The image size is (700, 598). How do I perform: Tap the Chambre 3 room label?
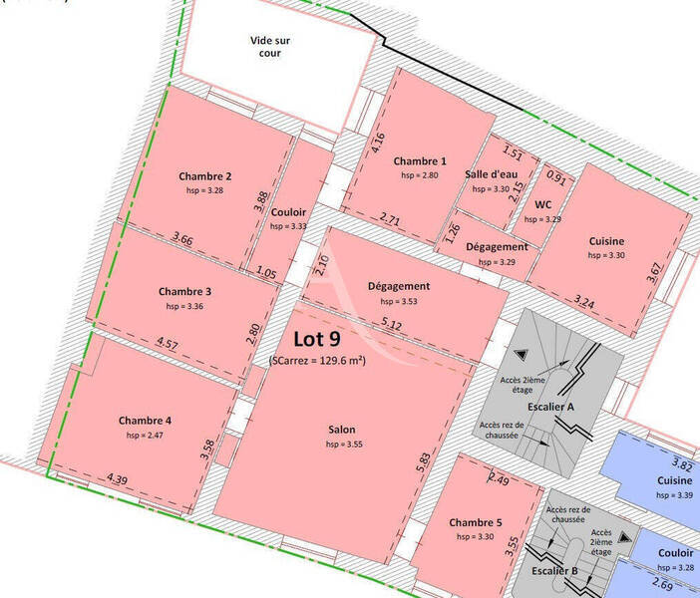coord(184,292)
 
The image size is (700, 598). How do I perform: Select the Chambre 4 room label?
coord(145,421)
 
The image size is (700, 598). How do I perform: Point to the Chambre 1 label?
coord(420,161)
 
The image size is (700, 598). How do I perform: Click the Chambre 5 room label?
coord(476,523)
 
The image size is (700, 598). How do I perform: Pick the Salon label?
coord(342,431)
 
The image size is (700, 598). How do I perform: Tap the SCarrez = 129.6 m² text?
coord(317,361)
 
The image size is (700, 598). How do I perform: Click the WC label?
coord(543,204)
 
